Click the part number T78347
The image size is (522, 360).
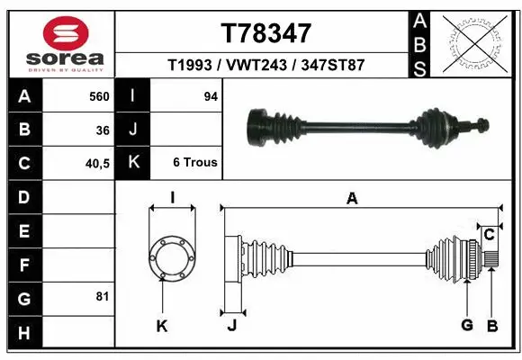coord(265,33)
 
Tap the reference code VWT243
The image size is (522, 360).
coord(259,66)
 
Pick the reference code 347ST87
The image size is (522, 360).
coord(333,66)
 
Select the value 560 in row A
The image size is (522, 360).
coord(99,95)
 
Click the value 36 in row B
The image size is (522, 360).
coord(103,130)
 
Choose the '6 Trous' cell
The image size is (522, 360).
coord(195,163)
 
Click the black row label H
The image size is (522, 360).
coord(23,332)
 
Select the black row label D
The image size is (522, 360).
coord(23,196)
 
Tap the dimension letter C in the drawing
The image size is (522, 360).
coord(489,234)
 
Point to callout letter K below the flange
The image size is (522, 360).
coord(162,326)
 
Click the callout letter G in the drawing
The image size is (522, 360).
coord(466,325)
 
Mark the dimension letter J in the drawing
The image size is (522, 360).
coord(231,326)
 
